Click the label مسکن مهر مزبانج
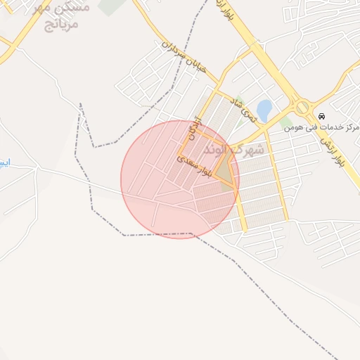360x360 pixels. tap(60, 16)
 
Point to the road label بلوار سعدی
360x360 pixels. tap(194, 166)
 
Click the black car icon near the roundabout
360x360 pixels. tap(321, 116)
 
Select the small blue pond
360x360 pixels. tap(264, 110)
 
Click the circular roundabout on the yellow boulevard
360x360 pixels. tap(303, 108)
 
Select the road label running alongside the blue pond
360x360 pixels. tap(238, 108)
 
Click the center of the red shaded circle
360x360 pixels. tap(180, 179)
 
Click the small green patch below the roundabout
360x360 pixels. tap(285, 122)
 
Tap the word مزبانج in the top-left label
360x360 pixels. tap(60, 25)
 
